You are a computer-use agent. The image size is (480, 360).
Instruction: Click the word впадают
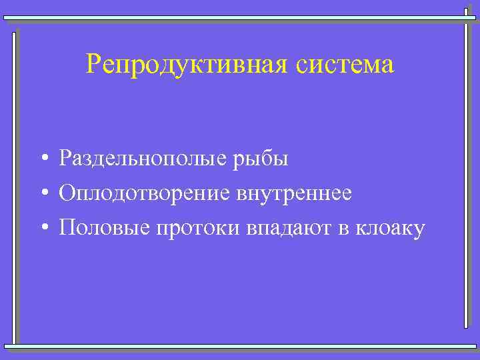click(289, 229)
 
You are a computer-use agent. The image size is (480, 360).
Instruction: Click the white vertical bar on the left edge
click(14, 187)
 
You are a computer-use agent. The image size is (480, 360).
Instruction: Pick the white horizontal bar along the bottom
click(240, 346)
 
